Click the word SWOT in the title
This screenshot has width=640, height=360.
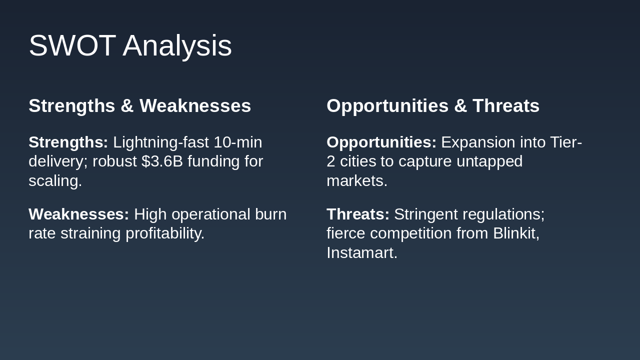72,45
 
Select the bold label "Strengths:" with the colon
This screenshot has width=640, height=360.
68,143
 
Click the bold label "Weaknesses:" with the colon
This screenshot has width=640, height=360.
79,214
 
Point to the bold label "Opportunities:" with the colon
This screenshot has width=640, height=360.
381,143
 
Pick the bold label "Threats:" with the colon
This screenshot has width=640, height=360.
358,214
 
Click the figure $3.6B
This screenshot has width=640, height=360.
162,161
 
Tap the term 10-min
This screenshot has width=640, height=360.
237,142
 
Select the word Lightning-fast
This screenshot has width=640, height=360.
161,143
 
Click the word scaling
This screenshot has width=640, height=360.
55,181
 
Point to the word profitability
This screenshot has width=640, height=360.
165,234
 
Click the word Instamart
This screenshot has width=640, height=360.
362,253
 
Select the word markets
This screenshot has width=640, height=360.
357,181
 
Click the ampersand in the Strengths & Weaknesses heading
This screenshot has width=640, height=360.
127,106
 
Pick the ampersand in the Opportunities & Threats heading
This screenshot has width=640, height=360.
460,106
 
